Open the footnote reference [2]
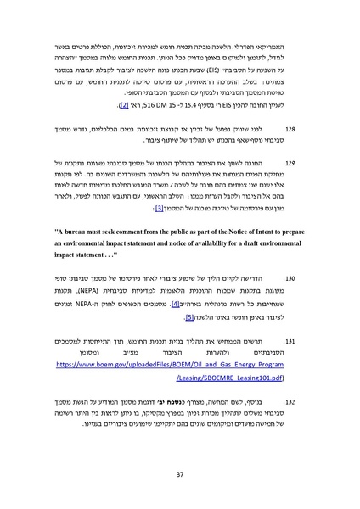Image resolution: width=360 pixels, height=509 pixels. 123,104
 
